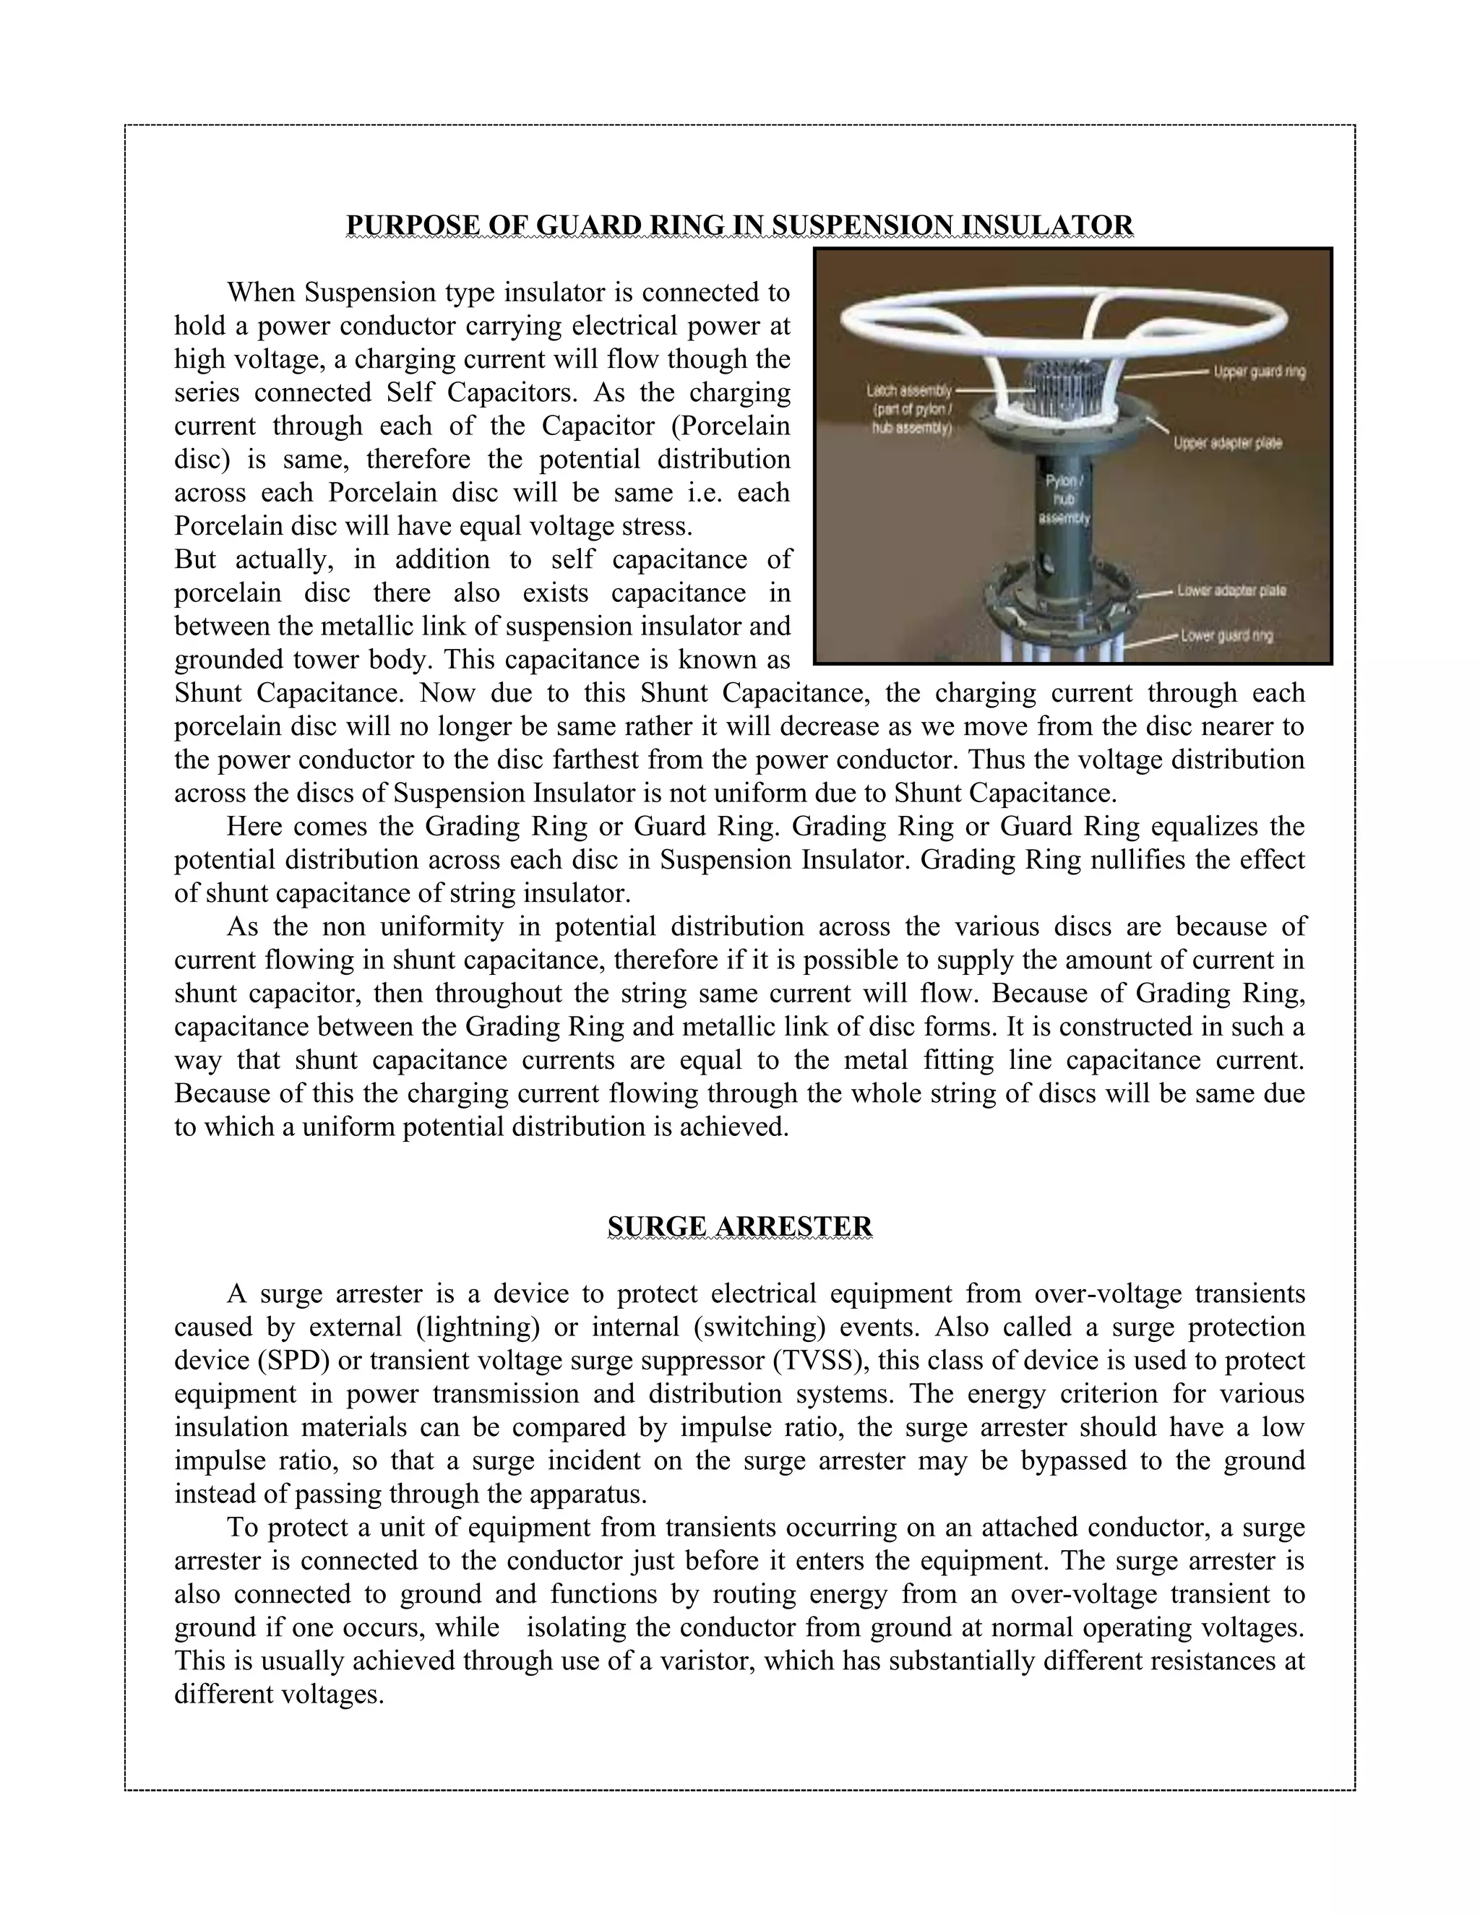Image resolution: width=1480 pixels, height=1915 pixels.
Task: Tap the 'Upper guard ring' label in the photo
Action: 1259,371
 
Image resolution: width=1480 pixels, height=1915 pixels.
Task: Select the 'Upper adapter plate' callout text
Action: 1228,444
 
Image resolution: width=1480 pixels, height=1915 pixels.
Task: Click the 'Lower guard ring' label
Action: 1226,636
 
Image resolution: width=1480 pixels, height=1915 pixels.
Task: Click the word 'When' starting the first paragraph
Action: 259,292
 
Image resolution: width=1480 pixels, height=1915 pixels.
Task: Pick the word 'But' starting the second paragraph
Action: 194,559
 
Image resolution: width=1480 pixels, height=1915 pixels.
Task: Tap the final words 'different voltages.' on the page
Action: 279,1694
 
